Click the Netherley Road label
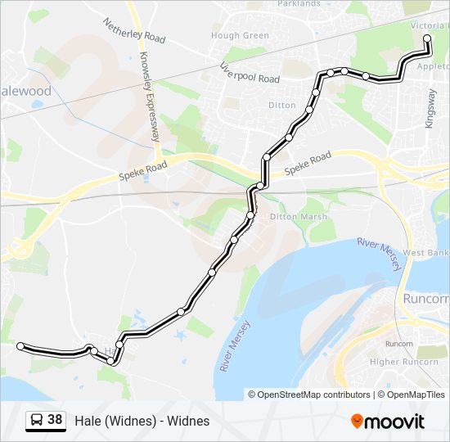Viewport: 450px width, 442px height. click(x=134, y=31)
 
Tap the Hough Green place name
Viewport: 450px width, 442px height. click(x=240, y=36)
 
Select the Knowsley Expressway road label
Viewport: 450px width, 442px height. click(x=150, y=97)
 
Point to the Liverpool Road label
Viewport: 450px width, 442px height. click(x=250, y=73)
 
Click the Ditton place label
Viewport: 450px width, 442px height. click(x=281, y=106)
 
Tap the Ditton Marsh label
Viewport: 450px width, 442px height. click(x=299, y=217)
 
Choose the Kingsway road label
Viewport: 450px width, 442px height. click(x=430, y=106)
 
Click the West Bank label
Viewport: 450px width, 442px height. click(x=426, y=253)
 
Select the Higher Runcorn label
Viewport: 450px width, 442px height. click(x=394, y=362)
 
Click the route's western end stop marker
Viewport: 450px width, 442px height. click(x=21, y=346)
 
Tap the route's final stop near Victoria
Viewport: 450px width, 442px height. click(x=427, y=38)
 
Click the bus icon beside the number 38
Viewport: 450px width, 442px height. click(x=36, y=421)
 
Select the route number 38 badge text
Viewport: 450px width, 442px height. click(x=55, y=421)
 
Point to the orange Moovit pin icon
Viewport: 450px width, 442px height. click(x=357, y=422)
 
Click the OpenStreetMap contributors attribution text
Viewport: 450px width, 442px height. click(x=314, y=395)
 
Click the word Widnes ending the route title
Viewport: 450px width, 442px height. click(x=190, y=422)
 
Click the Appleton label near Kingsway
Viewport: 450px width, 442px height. click(x=434, y=70)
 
